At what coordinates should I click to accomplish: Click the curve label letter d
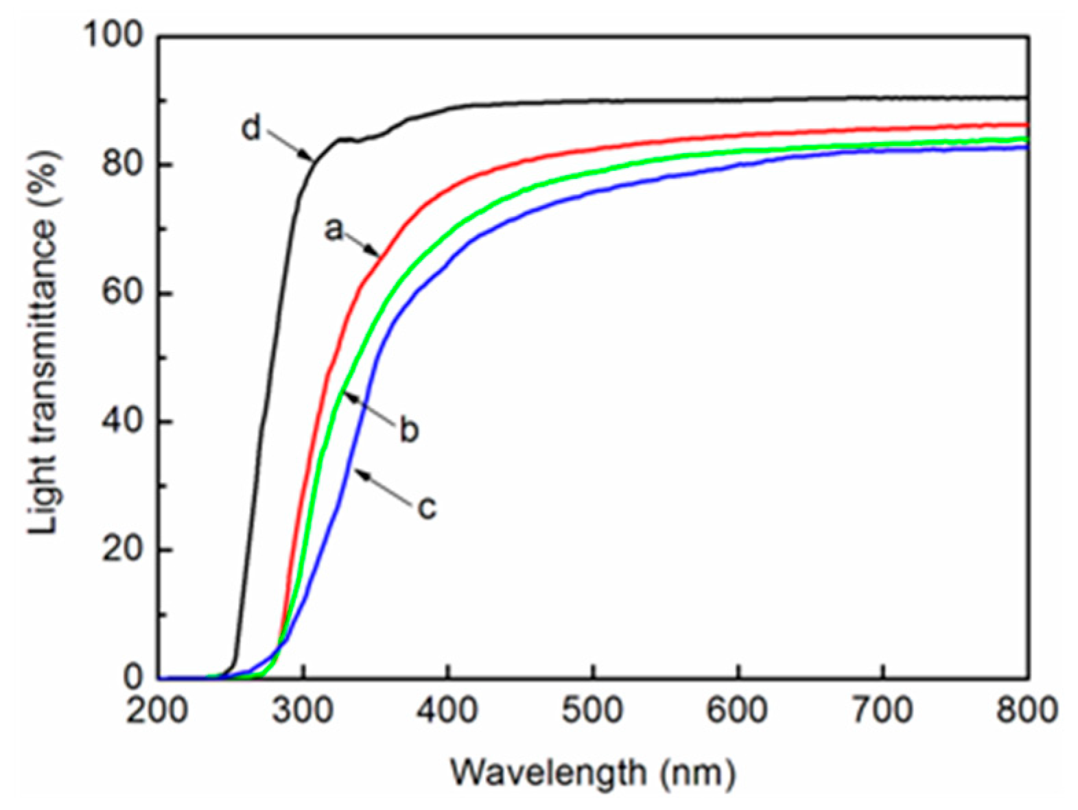[251, 128]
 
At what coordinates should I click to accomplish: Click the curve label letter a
[333, 230]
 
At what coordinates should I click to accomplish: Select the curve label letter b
[409, 431]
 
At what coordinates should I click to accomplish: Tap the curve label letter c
[427, 508]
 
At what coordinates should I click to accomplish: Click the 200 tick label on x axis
[157, 711]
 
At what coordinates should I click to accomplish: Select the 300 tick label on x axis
[303, 711]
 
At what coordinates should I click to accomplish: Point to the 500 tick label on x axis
[592, 711]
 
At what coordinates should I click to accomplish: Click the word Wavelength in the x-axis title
[548, 774]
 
